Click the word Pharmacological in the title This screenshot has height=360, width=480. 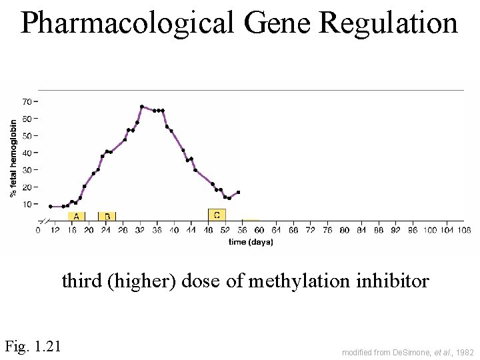click(x=127, y=23)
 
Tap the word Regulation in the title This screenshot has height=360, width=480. click(x=389, y=23)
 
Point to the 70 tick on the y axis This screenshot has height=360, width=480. click(x=27, y=101)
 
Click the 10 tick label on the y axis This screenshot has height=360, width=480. click(x=27, y=204)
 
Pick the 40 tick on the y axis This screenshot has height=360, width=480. click(x=27, y=153)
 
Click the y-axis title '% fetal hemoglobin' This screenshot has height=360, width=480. click(x=13, y=158)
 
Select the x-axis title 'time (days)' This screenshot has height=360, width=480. click(x=250, y=242)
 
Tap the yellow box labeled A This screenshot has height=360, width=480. click(x=77, y=216)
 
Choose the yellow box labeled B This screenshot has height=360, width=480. click(x=107, y=216)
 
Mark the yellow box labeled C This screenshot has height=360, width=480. click(x=217, y=215)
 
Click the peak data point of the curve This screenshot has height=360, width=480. click(x=142, y=107)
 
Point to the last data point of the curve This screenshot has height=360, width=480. click(x=238, y=193)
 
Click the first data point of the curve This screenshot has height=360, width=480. click(x=51, y=207)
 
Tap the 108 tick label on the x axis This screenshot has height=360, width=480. click(x=465, y=231)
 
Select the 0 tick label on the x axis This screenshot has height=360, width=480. click(x=38, y=231)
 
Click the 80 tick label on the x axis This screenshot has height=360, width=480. click(x=345, y=231)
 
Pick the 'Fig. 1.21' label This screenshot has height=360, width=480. click(x=33, y=346)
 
